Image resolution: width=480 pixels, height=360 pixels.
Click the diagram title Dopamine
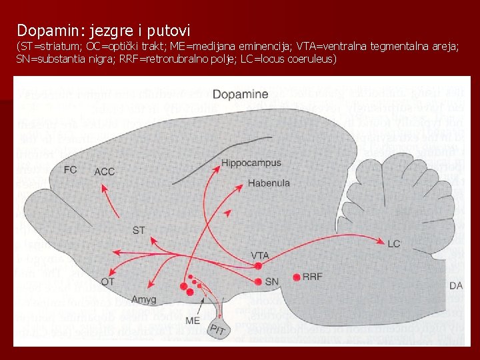click(x=240, y=95)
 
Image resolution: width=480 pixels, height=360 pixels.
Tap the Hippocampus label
click(x=251, y=163)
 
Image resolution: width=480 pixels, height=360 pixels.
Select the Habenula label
click(x=269, y=183)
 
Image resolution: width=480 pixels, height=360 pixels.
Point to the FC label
click(x=71, y=169)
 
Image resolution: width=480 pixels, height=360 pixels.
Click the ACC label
click(x=105, y=171)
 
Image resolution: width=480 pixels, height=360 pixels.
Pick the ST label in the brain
click(x=139, y=231)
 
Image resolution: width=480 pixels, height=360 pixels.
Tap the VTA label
click(x=260, y=255)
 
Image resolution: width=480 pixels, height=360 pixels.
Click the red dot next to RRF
click(x=296, y=277)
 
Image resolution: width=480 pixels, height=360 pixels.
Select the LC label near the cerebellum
click(x=394, y=243)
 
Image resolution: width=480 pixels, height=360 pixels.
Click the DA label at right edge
click(x=456, y=285)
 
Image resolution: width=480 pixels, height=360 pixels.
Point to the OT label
click(x=108, y=282)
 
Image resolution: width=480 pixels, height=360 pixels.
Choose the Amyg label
click(x=144, y=299)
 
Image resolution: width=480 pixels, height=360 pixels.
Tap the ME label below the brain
click(x=193, y=321)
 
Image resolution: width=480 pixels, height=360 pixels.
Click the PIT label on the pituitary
click(x=217, y=329)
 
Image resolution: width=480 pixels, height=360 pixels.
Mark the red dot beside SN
click(x=258, y=281)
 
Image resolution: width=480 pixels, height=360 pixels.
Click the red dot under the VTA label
click(x=258, y=267)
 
